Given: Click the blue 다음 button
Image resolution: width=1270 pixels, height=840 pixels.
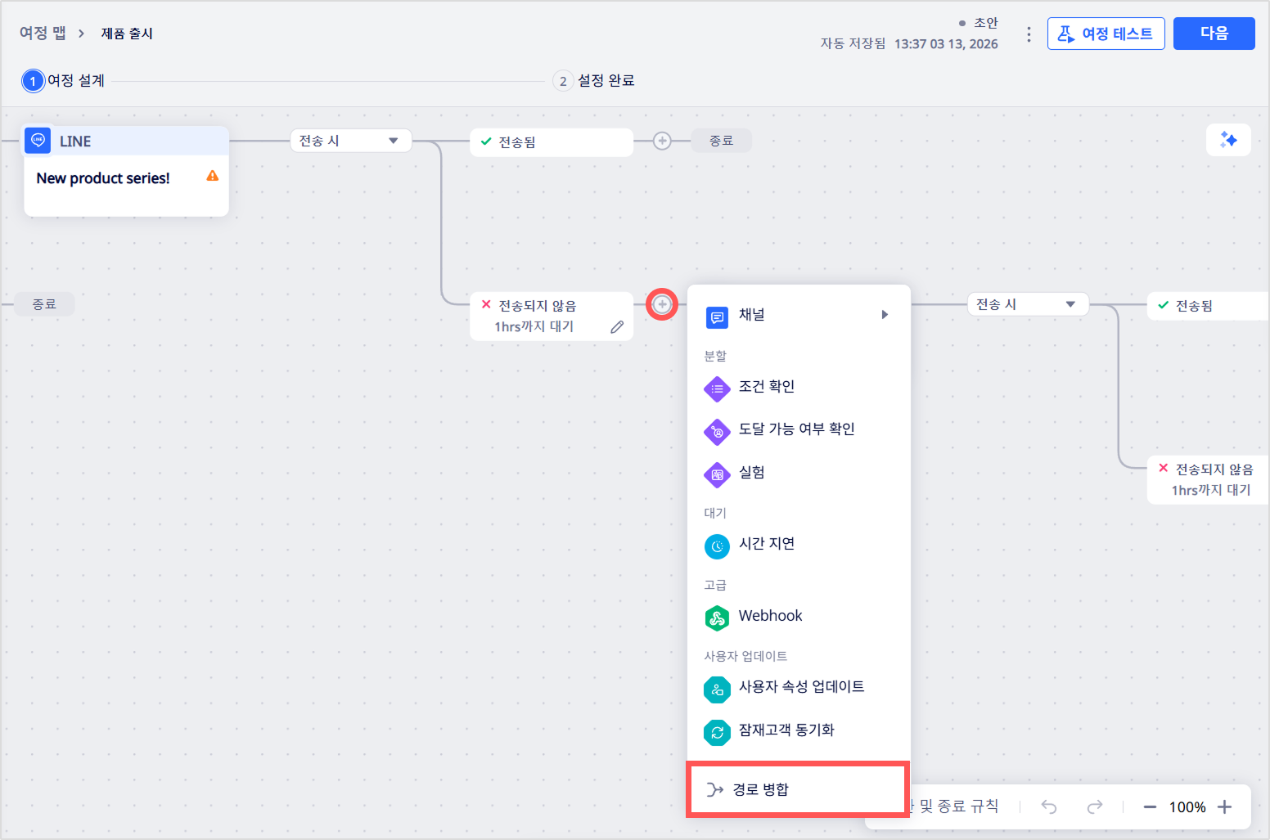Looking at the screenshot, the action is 1214,34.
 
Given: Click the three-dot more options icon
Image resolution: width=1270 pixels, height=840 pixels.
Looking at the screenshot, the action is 1029,34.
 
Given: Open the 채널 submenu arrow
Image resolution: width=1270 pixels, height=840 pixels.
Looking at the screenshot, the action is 885,315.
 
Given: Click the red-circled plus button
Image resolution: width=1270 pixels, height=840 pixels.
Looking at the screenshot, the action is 662,304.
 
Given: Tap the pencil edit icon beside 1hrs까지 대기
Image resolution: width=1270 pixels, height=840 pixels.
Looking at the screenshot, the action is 617,327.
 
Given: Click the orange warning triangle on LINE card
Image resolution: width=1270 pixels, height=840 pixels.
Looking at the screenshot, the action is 213,176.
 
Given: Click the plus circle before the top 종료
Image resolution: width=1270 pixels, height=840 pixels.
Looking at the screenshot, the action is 662,141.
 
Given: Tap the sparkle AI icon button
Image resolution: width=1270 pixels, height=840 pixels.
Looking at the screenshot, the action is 1228,139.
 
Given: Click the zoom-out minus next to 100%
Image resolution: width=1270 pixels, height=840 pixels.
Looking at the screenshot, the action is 1150,806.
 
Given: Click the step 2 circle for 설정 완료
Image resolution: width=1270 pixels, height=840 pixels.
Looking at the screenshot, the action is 562,81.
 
